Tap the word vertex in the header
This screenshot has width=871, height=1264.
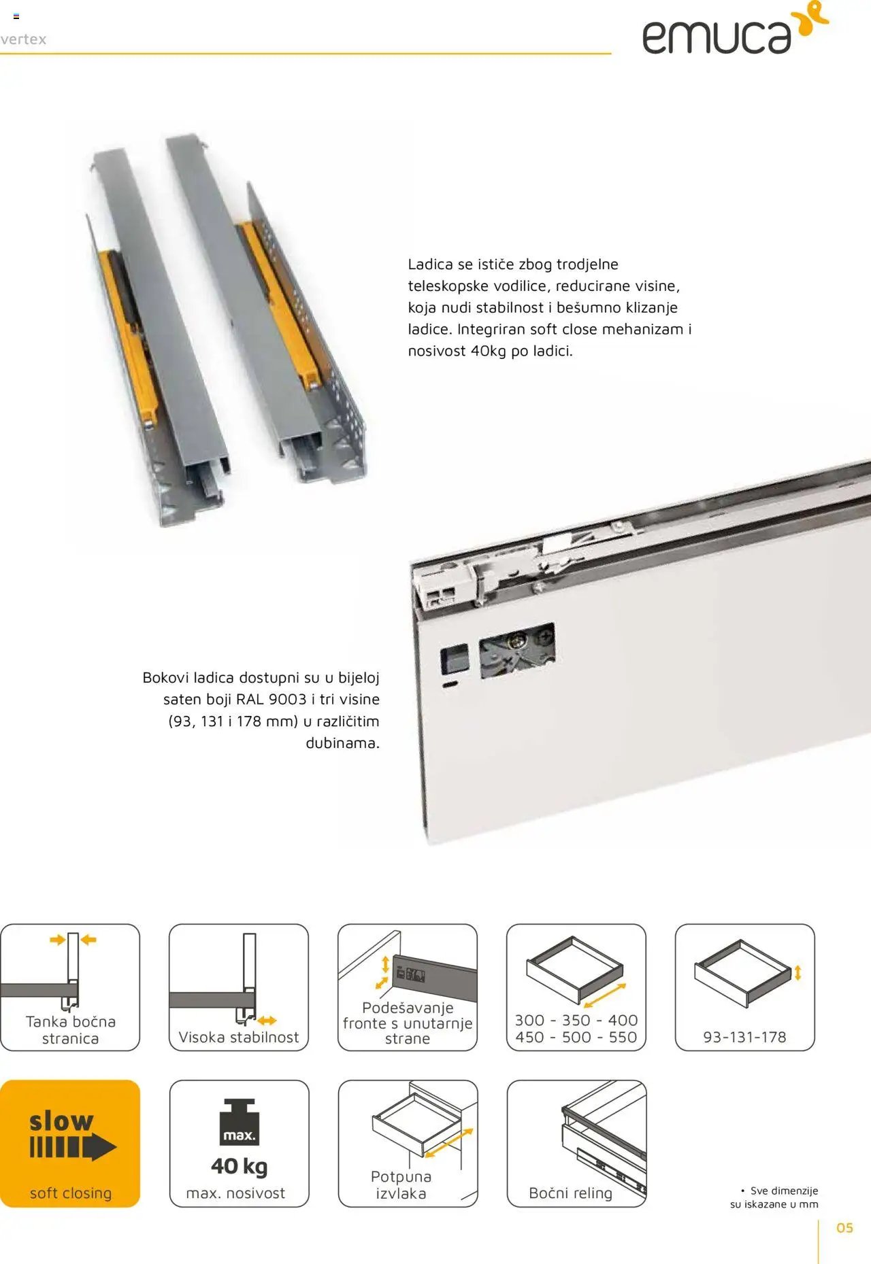[x=23, y=39]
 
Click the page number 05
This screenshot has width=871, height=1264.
[x=844, y=1227]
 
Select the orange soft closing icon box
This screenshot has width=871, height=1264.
[x=70, y=1144]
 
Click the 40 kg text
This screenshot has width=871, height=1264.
[x=240, y=1166]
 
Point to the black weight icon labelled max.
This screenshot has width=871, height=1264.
[x=239, y=1123]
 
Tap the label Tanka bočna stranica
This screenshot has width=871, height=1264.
[x=70, y=1029]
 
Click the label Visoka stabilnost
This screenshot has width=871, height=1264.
[x=239, y=1037]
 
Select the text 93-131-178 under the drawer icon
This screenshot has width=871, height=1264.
[x=744, y=1037]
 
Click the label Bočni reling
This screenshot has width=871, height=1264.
[x=570, y=1193]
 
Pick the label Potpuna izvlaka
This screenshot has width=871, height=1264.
[x=401, y=1185]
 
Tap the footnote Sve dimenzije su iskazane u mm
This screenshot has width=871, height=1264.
[x=774, y=1197]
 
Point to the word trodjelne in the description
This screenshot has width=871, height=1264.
[x=587, y=264]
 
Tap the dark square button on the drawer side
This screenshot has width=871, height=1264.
[x=455, y=658]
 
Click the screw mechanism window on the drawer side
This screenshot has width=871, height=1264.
[x=517, y=650]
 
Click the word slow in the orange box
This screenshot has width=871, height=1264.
[x=61, y=1121]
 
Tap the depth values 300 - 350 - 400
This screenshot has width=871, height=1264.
[x=576, y=1020]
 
